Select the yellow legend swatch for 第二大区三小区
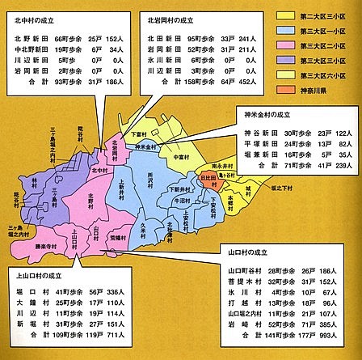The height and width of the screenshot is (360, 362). click(x=284, y=15)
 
